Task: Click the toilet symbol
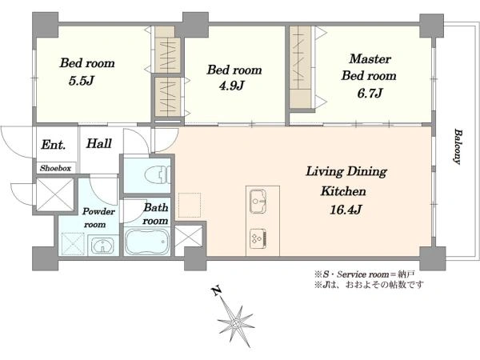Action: [x=159, y=174]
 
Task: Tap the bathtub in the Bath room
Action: [x=146, y=242]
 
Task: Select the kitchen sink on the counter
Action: [x=258, y=201]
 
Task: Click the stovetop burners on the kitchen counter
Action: [x=258, y=238]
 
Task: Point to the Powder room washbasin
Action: [x=103, y=246]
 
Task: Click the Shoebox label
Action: [x=55, y=168]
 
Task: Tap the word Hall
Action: [x=98, y=143]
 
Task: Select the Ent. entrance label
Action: [x=54, y=145]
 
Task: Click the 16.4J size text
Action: [x=346, y=210]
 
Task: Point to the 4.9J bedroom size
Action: [x=231, y=86]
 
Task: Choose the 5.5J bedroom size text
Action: [x=81, y=81]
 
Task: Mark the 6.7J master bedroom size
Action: [x=370, y=93]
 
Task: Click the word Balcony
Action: [x=458, y=146]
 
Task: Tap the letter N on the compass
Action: [x=217, y=290]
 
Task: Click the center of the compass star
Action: [x=236, y=323]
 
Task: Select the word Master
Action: [x=370, y=58]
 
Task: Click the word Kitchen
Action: [x=343, y=191]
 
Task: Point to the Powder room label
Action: [x=98, y=218]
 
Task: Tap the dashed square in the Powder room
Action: [x=73, y=244]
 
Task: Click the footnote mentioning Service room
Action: [x=364, y=274]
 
